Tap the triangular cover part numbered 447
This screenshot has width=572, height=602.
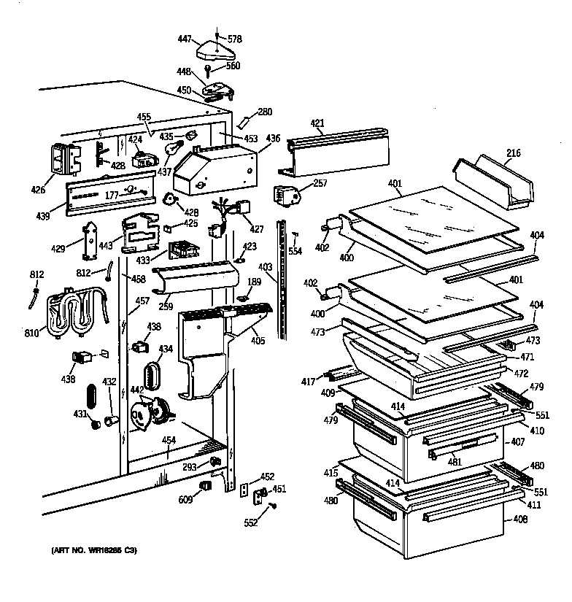click(x=217, y=51)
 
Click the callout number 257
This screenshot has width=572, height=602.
click(x=319, y=183)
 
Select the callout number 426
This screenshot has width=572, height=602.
click(x=38, y=190)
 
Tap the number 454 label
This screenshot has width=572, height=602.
click(x=169, y=441)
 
